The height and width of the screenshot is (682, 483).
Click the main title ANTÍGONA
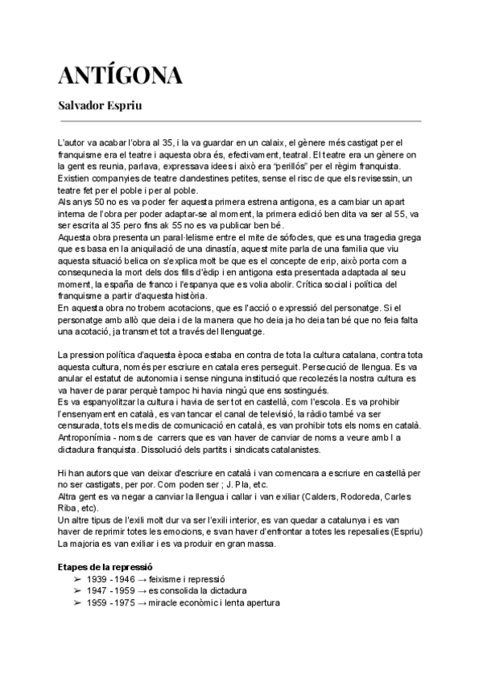coord(120,76)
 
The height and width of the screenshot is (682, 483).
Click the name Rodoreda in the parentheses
coord(367,498)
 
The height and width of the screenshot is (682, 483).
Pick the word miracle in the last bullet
coord(165,602)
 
